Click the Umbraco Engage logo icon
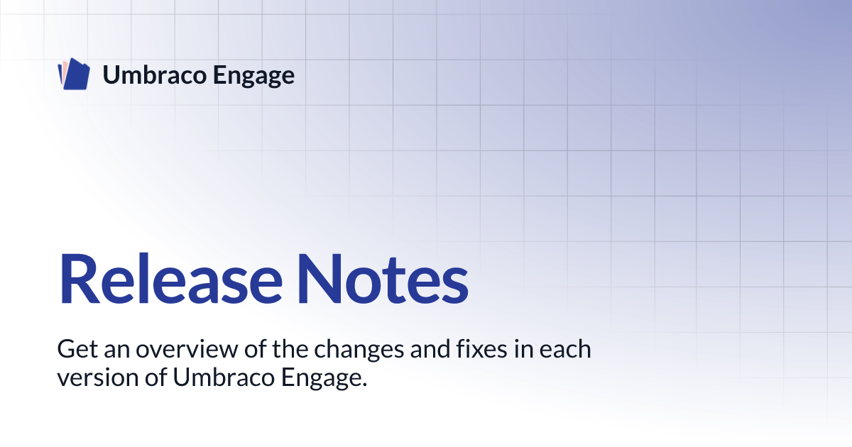[74, 74]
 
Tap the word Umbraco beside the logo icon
[155, 74]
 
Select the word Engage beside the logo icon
[253, 76]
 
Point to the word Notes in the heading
[383, 279]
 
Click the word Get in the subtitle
[77, 349]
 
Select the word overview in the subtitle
[187, 349]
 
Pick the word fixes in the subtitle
[481, 349]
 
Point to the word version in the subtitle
[98, 377]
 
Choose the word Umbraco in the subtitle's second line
[224, 377]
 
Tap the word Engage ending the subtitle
[324, 379]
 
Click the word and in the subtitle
[430, 349]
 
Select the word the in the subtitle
[290, 349]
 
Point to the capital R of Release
[78, 279]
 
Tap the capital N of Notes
[319, 279]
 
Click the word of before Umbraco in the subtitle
[156, 377]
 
